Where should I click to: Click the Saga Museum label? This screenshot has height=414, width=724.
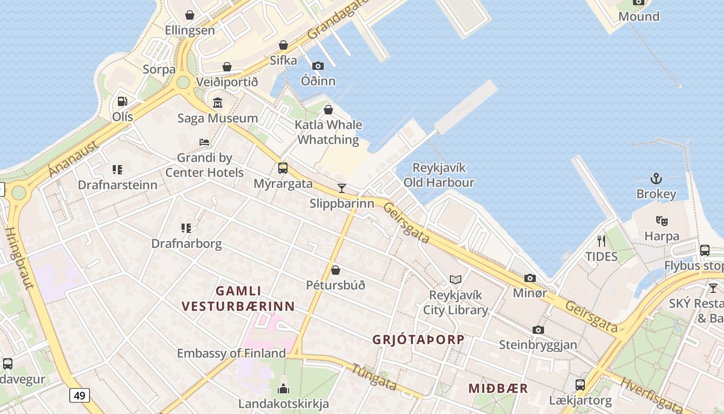tap(218, 118)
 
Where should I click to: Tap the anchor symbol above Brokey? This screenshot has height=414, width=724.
tap(656, 179)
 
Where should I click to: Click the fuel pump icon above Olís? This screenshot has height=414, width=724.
tap(122, 101)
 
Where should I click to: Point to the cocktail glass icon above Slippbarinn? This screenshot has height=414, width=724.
tap(341, 188)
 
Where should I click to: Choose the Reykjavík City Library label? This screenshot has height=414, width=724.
tap(456, 303)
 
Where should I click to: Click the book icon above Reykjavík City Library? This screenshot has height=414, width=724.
tap(455, 280)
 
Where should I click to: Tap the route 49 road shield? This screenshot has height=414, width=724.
tap(80, 396)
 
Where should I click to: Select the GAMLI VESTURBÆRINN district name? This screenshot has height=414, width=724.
tap(238, 299)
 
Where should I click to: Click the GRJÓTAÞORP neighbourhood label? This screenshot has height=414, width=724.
tap(418, 340)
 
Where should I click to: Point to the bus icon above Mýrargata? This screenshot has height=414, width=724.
tap(283, 168)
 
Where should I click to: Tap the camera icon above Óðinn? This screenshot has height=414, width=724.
tap(318, 66)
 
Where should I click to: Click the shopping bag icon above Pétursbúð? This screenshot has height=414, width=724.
tap(336, 270)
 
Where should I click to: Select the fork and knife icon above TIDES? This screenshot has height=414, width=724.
tap(601, 241)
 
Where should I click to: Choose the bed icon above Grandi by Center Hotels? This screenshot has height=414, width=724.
tap(204, 142)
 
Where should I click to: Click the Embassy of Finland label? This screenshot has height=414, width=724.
tap(231, 353)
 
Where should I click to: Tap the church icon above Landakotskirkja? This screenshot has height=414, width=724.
tap(283, 389)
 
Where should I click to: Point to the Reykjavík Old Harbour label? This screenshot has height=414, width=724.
tap(439, 175)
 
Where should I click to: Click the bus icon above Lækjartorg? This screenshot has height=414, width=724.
tap(580, 385)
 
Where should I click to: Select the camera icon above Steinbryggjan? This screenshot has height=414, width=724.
tap(538, 330)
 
